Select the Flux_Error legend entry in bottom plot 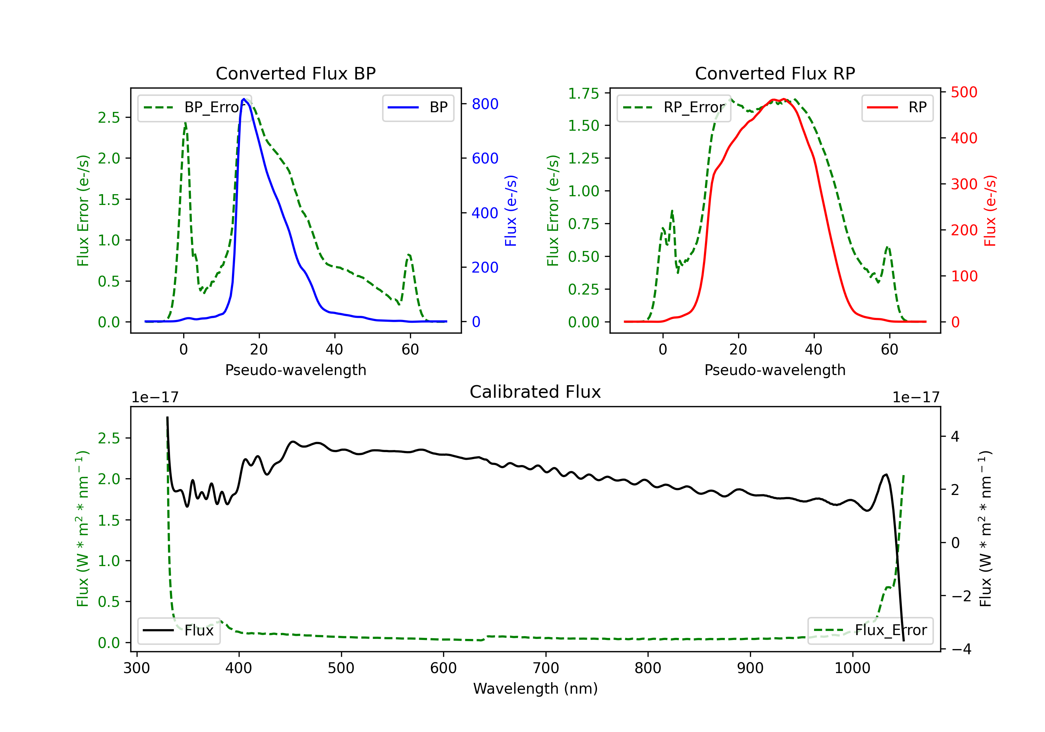click(870, 631)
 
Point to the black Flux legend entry click(179, 631)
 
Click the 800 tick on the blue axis click(485, 104)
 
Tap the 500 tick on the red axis click(964, 92)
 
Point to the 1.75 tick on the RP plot click(583, 93)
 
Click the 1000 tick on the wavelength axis click(852, 668)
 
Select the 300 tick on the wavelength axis click(137, 668)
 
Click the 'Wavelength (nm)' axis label click(535, 688)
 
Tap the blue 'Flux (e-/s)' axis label click(511, 211)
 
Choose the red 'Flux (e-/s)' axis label click(990, 211)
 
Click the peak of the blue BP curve click(244, 99)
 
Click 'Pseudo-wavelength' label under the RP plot click(775, 370)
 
